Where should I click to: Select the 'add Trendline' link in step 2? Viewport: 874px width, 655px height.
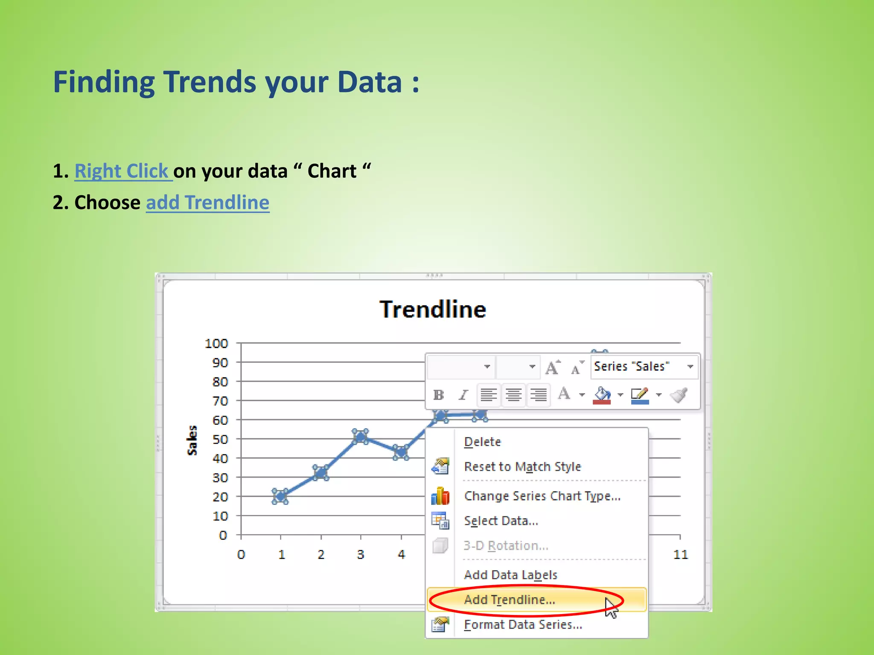point(208,203)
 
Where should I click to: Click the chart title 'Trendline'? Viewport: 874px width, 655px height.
point(433,309)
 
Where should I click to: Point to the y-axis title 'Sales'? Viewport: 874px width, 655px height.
point(192,440)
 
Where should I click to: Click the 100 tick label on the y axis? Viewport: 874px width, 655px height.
point(216,343)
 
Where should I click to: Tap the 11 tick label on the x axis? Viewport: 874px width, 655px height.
point(681,554)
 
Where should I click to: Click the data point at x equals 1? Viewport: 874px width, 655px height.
point(280,496)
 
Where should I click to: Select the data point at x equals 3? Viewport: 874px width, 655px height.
point(361,436)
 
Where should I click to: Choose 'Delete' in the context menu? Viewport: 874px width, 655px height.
point(482,442)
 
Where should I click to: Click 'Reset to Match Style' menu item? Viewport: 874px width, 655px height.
point(522,467)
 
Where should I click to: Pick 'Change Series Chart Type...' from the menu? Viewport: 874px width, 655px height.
point(542,496)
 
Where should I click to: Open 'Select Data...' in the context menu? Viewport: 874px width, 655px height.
point(501,521)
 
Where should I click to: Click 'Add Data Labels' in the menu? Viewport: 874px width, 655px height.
point(510,575)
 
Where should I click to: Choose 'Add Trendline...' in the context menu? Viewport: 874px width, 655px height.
point(510,600)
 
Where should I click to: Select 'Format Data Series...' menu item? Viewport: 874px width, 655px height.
point(523,625)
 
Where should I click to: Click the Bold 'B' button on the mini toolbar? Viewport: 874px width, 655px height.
point(438,395)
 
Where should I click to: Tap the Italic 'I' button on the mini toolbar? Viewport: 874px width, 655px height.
point(463,395)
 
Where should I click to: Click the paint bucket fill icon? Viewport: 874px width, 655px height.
point(602,395)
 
